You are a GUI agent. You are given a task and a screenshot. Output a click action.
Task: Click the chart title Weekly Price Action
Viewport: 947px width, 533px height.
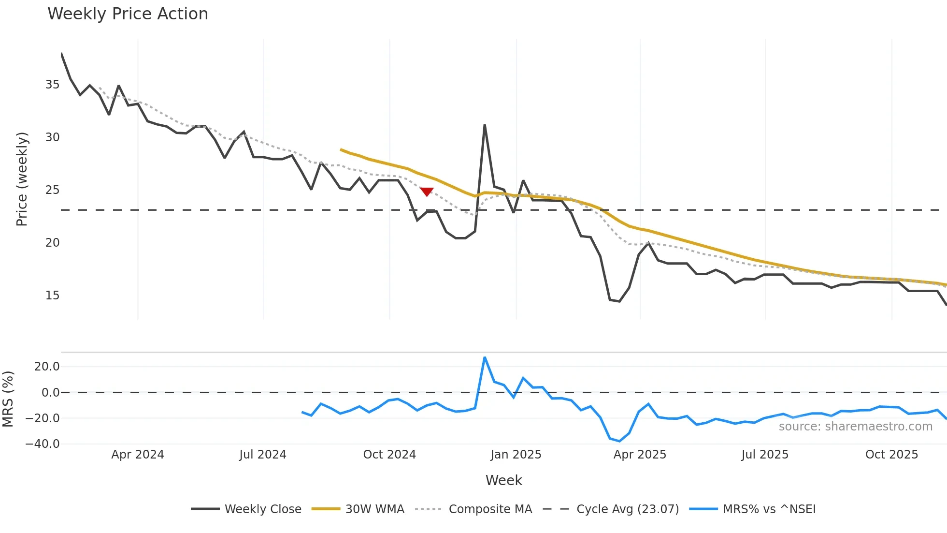[x=128, y=14]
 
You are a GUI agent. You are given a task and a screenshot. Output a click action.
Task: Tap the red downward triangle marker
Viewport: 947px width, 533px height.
[x=427, y=192]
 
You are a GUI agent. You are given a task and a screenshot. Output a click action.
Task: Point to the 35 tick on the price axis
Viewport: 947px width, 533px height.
[x=52, y=85]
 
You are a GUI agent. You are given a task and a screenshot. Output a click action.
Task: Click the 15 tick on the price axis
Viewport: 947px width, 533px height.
[x=52, y=296]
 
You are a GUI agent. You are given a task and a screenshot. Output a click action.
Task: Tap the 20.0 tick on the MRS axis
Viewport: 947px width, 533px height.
[x=47, y=367]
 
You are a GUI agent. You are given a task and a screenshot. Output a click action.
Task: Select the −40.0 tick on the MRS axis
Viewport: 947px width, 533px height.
[x=43, y=444]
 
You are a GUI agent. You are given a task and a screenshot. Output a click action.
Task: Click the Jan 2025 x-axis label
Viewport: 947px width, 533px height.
[x=516, y=455]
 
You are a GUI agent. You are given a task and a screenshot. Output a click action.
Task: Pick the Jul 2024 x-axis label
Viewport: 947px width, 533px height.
[x=263, y=455]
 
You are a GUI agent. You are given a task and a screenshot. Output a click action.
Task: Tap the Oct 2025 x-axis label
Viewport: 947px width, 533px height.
[x=891, y=455]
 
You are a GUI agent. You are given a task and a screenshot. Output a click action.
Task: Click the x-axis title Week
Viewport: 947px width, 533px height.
[x=503, y=480]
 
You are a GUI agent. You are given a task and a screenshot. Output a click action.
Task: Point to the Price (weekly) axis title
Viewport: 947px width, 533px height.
[x=22, y=179]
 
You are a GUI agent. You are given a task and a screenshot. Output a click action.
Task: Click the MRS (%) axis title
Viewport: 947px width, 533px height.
[x=8, y=399]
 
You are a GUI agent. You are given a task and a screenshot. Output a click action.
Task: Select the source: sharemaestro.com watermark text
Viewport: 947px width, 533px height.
[x=855, y=427]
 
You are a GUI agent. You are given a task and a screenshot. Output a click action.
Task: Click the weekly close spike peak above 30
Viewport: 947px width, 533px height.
[x=485, y=125]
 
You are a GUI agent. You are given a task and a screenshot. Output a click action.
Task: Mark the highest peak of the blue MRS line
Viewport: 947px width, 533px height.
[x=485, y=357]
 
